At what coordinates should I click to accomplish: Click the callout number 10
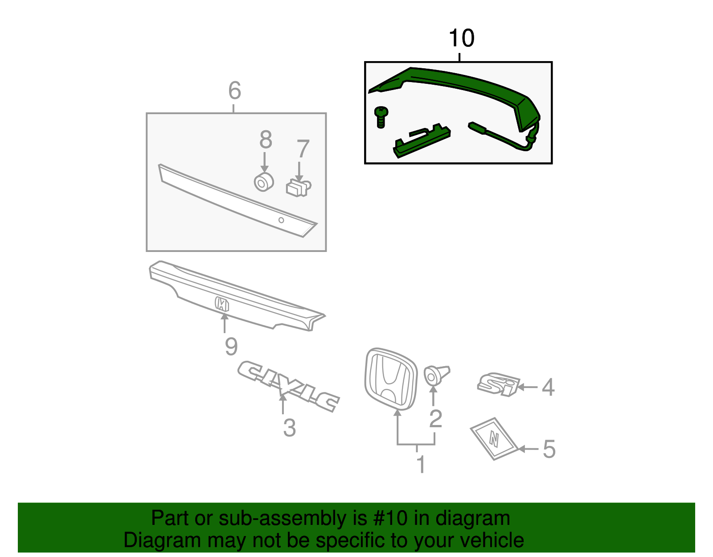[461, 38]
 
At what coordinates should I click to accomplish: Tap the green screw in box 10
[381, 116]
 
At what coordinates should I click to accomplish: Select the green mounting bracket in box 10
[421, 141]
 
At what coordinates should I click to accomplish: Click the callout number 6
[234, 91]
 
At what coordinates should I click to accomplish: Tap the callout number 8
[266, 140]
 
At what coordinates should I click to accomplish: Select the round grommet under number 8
[263, 182]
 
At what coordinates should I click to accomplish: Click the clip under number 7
[298, 188]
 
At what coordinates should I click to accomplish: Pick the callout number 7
[303, 149]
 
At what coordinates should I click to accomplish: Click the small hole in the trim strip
[281, 220]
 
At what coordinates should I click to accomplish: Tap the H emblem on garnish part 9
[221, 304]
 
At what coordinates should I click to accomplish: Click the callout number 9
[231, 347]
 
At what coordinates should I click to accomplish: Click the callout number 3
[289, 428]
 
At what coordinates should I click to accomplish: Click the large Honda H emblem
[391, 378]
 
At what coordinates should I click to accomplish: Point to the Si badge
[498, 384]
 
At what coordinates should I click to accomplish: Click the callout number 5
[549, 449]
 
